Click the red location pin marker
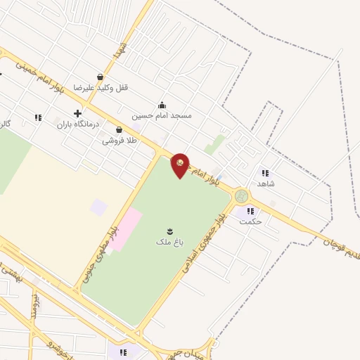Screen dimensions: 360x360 (181, 165)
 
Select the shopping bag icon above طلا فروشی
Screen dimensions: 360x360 (119, 130)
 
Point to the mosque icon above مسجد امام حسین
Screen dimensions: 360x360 (162, 105)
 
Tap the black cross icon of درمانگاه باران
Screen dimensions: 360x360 (77, 113)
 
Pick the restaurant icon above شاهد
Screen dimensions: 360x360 (265, 172)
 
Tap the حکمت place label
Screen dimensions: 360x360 (250, 221)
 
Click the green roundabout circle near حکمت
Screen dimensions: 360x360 (242, 195)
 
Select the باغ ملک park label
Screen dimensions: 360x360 (169, 242)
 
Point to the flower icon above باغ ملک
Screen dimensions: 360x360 (169, 231)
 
